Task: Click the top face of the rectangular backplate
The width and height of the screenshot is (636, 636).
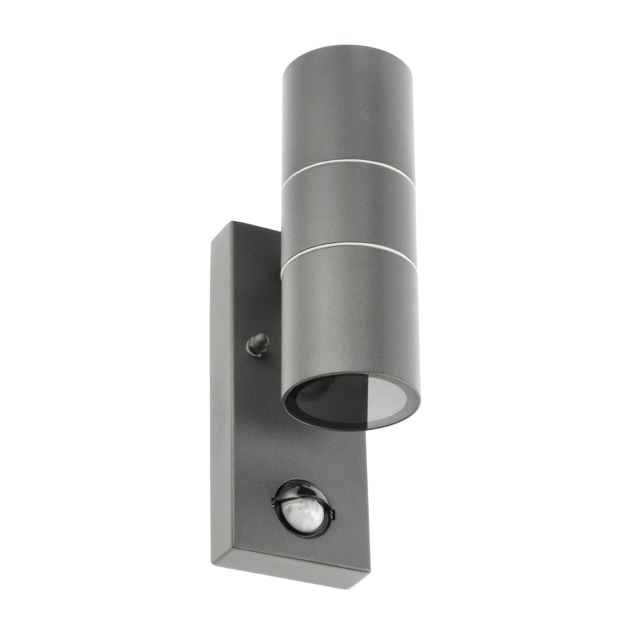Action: pos(250,230)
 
